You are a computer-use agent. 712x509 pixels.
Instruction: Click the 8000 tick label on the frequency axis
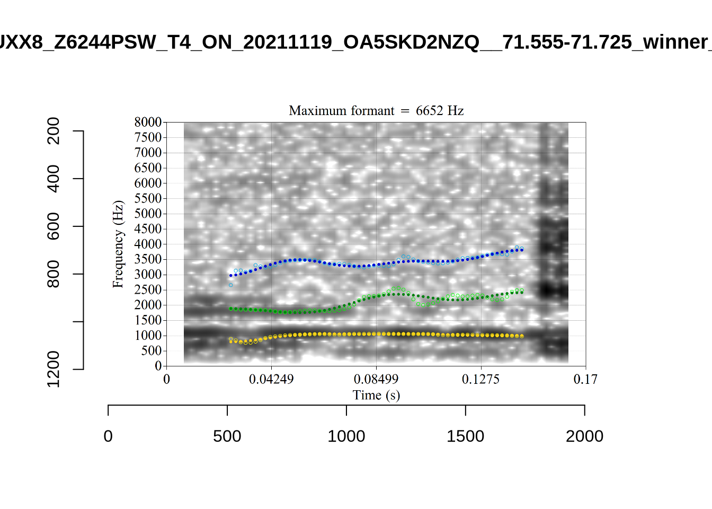pos(148,122)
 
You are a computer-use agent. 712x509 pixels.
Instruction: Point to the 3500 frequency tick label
pos(148,259)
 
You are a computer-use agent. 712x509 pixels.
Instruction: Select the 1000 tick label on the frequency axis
pos(148,336)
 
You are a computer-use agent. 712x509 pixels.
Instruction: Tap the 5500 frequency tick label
pos(148,198)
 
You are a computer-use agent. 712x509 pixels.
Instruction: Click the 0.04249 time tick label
pos(271,380)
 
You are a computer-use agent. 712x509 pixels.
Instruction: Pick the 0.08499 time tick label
pos(376,380)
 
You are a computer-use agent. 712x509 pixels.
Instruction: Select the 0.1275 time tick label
pos(480,380)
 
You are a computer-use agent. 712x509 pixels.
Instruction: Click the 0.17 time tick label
pos(585,380)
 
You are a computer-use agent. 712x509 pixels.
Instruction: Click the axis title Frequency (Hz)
pos(118,244)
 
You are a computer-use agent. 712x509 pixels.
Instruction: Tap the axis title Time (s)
pos(376,396)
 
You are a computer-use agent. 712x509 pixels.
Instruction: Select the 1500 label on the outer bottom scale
pos(465,436)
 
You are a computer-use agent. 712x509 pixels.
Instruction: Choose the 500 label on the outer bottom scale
pos(227,436)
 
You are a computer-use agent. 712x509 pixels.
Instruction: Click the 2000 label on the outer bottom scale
pos(584,436)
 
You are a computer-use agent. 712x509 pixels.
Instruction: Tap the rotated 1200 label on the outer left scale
pos(54,369)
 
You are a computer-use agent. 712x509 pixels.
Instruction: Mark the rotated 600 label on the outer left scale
pos(54,226)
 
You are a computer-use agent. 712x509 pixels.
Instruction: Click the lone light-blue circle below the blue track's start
pos(231,285)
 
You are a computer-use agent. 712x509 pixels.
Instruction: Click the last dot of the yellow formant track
pos(522,336)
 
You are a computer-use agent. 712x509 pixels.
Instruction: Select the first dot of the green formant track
pos(230,309)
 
